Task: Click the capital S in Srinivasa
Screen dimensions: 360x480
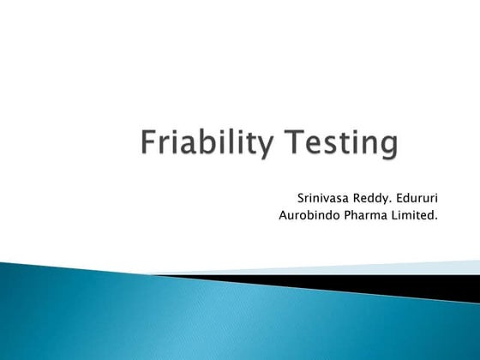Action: tap(300, 197)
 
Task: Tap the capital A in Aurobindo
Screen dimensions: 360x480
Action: tap(284, 214)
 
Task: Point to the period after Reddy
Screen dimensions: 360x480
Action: tap(393, 201)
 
